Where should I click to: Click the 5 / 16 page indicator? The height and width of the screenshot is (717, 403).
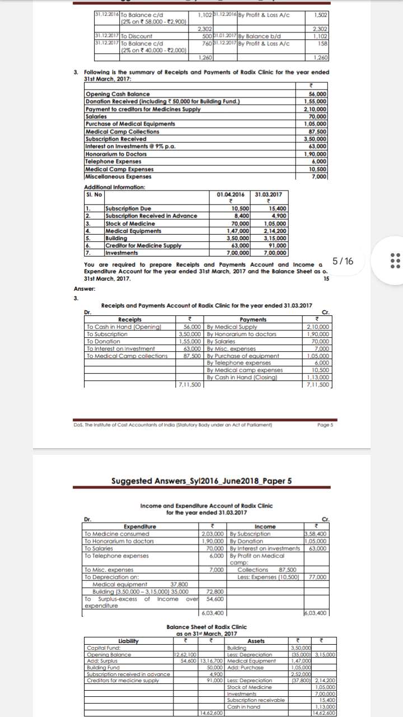point(341,261)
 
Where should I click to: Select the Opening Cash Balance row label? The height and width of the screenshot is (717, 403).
point(118,95)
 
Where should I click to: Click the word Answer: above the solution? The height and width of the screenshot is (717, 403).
point(85,289)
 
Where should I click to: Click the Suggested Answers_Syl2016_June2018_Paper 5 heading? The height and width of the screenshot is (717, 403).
point(201,480)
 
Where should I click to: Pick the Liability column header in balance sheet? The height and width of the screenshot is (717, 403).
point(129,641)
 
